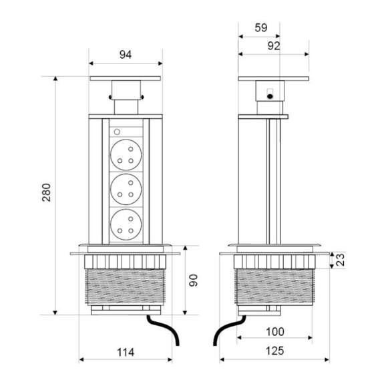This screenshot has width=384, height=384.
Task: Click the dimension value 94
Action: (126, 54)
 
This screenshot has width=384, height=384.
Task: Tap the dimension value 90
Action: (194, 280)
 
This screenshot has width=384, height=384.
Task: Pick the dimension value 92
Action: (273, 45)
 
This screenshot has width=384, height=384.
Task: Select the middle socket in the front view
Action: (126, 189)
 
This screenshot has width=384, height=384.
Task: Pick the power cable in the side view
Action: (224, 331)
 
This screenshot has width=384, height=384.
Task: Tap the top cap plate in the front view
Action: (126, 79)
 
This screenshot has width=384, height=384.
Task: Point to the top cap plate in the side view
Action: (274, 79)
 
